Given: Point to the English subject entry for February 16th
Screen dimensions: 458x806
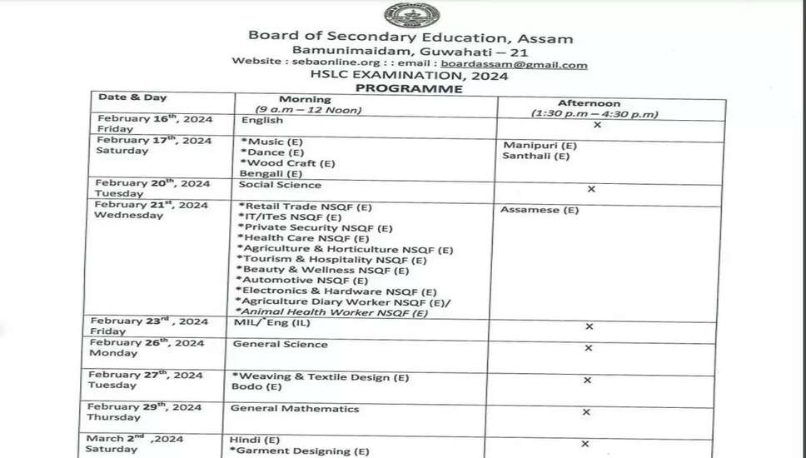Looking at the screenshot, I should coord(262,121).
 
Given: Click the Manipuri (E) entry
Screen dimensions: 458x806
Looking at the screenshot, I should coord(540,145).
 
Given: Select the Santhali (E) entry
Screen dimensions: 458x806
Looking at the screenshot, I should coord(536,156).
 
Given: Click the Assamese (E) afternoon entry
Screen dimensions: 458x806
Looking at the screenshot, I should coord(539,210).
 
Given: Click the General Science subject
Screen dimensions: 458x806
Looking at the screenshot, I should coord(280,344).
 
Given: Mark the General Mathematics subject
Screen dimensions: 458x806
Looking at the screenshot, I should coord(295,409).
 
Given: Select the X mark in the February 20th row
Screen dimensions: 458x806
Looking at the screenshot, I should coord(591,189).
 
